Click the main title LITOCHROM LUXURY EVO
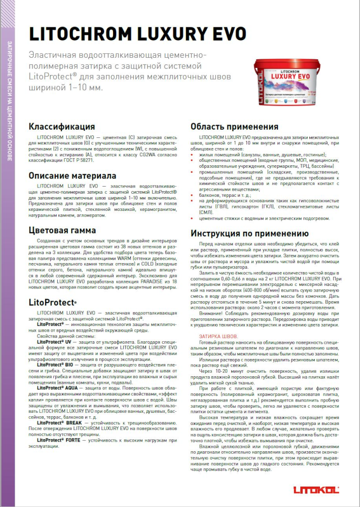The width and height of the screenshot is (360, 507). click(137, 34)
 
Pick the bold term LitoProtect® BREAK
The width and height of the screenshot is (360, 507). click(61, 422)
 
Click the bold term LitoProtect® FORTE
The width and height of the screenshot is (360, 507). click(61, 440)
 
